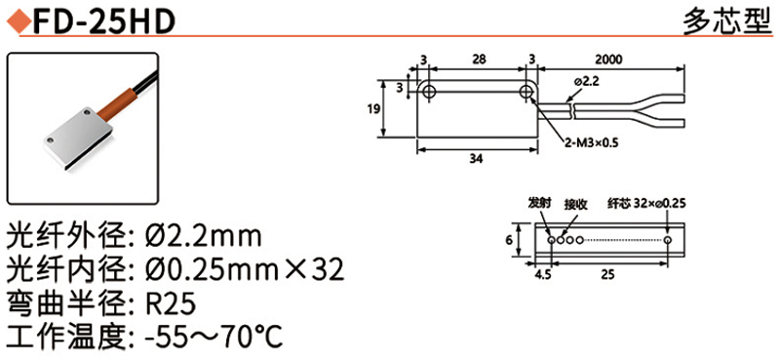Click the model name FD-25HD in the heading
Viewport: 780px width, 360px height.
tap(103, 20)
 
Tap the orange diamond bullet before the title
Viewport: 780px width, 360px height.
tap(19, 21)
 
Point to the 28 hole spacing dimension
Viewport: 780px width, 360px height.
tap(478, 60)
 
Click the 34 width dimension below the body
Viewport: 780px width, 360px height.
tap(477, 159)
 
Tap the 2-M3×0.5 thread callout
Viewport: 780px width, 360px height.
tap(591, 143)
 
